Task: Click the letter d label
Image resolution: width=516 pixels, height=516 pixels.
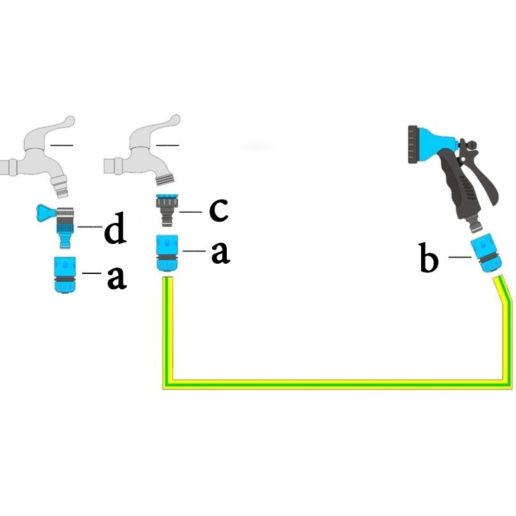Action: pyautogui.click(x=115, y=227)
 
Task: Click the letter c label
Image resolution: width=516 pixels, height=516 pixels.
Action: pyautogui.click(x=219, y=210)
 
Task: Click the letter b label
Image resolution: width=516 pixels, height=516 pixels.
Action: pyautogui.click(x=429, y=257)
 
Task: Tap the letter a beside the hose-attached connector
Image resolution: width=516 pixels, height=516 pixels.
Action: pyautogui.click(x=220, y=252)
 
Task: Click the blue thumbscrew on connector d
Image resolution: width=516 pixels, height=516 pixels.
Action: pyautogui.click(x=45, y=213)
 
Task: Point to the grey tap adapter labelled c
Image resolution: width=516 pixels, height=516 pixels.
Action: pyautogui.click(x=167, y=210)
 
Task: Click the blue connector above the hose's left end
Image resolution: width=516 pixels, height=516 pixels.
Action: pyautogui.click(x=167, y=253)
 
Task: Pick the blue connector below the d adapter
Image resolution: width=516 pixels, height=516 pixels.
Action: pyautogui.click(x=65, y=275)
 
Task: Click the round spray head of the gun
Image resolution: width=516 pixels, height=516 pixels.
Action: pyautogui.click(x=413, y=144)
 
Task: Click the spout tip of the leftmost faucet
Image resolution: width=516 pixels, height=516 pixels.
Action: pyautogui.click(x=61, y=192)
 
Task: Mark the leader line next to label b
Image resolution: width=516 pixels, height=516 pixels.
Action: pyautogui.click(x=460, y=257)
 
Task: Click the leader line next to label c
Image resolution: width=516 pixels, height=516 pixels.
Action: pyautogui.click(x=190, y=212)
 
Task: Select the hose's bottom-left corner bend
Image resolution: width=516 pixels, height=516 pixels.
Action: pyautogui.click(x=168, y=384)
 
